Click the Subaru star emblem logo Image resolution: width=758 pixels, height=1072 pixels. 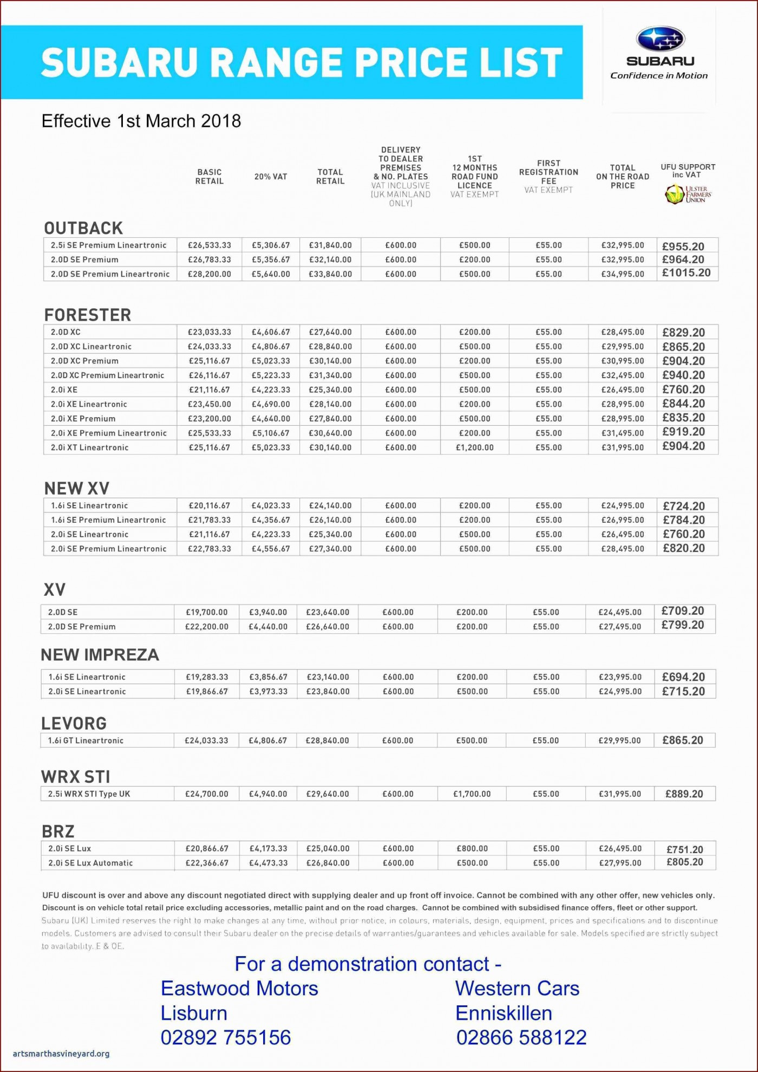660,39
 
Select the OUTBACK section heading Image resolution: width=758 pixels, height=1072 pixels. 83,228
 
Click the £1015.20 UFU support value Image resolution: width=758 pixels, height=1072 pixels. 686,273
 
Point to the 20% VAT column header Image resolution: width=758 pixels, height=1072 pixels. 271,177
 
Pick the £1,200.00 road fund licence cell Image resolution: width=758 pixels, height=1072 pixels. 475,447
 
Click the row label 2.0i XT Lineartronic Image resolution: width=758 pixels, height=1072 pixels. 90,447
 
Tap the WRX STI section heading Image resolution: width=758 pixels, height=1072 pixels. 75,777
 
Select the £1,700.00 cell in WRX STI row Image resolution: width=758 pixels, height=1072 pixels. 472,794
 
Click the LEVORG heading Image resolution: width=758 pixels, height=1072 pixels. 74,723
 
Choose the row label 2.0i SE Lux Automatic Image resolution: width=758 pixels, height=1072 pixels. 90,863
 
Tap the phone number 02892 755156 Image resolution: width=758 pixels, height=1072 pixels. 226,1037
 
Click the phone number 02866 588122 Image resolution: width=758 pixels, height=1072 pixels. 521,1037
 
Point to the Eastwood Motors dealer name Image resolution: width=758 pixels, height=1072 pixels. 239,989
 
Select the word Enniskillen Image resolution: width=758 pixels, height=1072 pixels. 504,1013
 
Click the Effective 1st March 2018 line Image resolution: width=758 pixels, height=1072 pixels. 141,121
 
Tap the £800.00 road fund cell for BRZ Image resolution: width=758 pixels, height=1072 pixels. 472,848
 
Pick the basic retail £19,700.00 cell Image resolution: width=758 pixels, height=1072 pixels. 207,612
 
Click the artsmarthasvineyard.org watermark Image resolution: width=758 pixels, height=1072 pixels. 61,1054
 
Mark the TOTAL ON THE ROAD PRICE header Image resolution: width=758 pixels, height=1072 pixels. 623,177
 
